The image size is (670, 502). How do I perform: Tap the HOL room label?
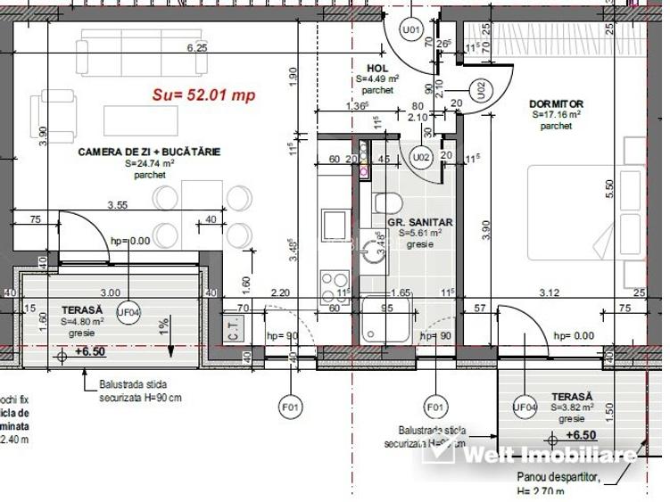(x=376, y=68)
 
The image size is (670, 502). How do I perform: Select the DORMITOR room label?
(x=555, y=103)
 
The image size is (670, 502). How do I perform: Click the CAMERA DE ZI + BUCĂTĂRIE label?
(x=149, y=152)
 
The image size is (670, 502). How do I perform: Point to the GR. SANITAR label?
(x=419, y=222)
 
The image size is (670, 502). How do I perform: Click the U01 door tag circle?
(x=410, y=30)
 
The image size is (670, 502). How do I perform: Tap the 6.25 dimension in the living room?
(x=196, y=48)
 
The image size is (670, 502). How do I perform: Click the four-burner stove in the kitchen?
(x=335, y=284)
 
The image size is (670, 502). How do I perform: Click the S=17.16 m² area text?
(x=556, y=115)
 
